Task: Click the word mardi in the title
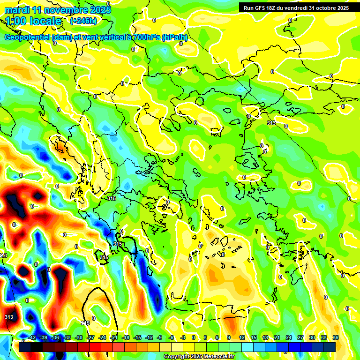tap(17, 10)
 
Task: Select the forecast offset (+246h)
tap(83, 21)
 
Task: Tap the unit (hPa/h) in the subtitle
tap(174, 37)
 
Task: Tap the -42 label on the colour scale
tap(32, 337)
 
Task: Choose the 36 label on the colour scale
tap(336, 337)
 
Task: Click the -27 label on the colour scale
tap(90, 337)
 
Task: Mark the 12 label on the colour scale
tap(242, 337)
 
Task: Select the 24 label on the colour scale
tap(289, 337)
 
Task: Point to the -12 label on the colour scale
tap(149, 337)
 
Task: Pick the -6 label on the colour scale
tap(172, 337)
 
